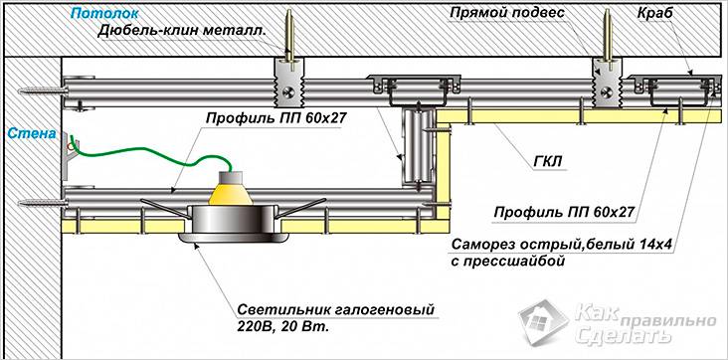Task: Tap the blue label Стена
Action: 32,134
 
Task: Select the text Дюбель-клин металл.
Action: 182,31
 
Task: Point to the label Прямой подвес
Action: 507,13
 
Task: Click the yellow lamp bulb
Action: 231,193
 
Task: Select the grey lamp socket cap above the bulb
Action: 231,177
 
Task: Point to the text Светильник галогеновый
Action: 336,310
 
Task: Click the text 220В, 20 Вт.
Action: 282,326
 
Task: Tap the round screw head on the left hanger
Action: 288,91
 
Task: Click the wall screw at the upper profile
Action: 41,90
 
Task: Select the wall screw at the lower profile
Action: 41,202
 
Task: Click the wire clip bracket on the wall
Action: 69,156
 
